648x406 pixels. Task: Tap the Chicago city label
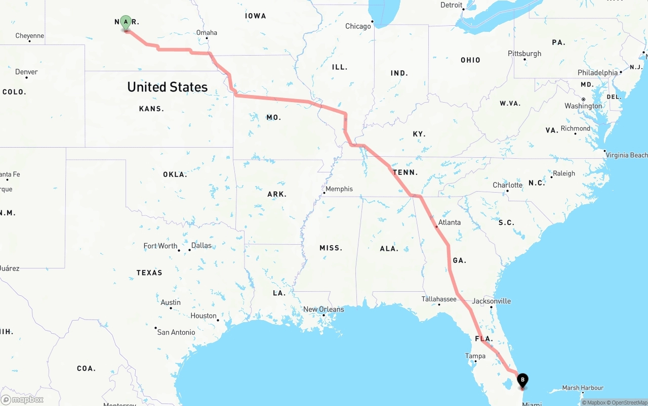point(358,26)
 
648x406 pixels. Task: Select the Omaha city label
point(207,33)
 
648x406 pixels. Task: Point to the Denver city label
point(26,72)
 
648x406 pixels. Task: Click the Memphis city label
point(339,189)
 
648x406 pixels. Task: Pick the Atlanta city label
point(449,222)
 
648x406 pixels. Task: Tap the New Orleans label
point(323,309)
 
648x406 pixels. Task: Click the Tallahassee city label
point(439,299)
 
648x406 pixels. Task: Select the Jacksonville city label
point(491,301)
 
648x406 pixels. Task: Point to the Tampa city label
point(475,356)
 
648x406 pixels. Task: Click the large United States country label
point(167,87)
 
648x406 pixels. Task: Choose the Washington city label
point(583,106)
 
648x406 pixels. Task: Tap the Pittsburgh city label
point(524,54)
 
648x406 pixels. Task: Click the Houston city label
point(204,316)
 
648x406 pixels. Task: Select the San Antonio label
point(176,332)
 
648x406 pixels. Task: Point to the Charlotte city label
point(507,185)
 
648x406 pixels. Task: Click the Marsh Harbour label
point(583,388)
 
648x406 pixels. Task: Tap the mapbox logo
point(22,399)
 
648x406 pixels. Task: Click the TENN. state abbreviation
point(406,172)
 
